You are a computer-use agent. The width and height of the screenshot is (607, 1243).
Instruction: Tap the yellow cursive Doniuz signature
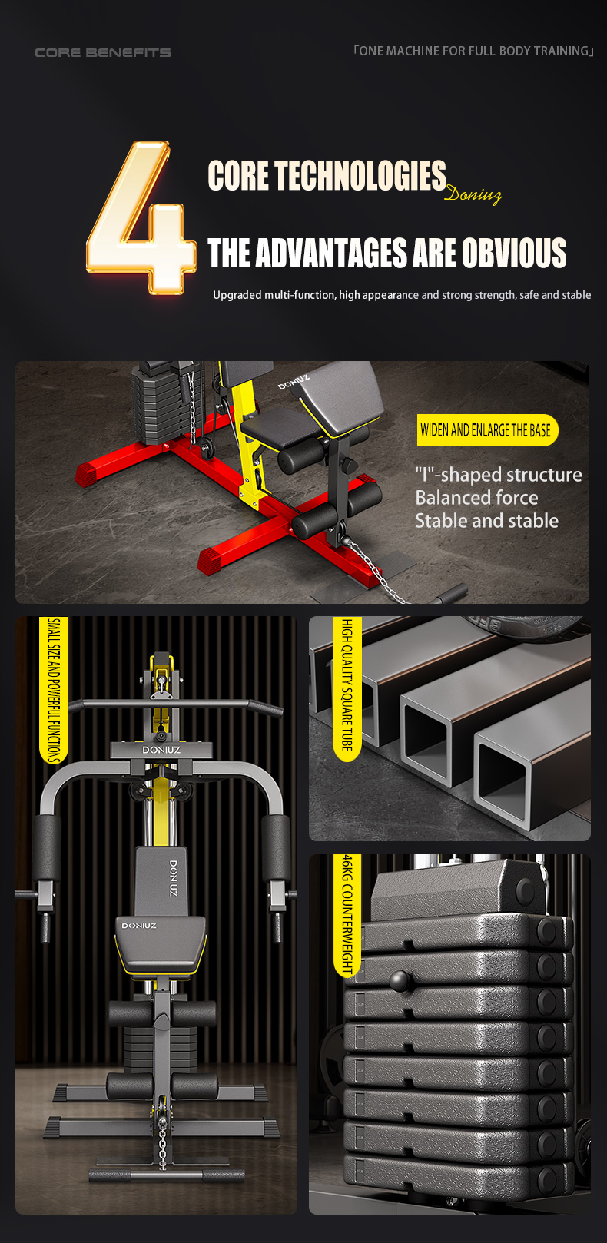473,194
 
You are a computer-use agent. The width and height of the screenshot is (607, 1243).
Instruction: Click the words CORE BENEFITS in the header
103,53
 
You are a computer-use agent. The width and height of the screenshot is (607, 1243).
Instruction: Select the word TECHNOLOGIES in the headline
360,175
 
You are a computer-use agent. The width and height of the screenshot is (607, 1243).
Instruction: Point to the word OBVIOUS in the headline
514,253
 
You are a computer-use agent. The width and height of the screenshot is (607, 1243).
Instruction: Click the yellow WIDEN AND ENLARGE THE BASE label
486,430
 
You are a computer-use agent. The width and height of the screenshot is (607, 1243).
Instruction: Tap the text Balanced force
476,498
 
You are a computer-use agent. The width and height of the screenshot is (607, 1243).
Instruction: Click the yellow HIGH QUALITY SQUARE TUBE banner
347,688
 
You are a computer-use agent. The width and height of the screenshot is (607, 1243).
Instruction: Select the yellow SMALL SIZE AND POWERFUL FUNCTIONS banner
53,690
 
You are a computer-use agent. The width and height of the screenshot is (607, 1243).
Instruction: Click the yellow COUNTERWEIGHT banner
347,916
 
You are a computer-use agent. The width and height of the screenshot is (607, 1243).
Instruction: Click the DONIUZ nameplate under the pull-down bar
161,750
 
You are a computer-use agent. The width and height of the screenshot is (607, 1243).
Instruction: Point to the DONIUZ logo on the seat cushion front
139,926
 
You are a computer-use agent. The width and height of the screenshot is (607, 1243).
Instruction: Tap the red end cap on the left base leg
88,476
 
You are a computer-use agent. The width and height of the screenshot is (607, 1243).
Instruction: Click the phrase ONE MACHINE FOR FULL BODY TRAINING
474,51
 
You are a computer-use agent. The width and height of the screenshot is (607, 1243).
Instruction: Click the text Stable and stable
486,521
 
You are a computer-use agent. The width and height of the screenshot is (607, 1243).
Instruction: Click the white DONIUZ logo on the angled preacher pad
294,383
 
